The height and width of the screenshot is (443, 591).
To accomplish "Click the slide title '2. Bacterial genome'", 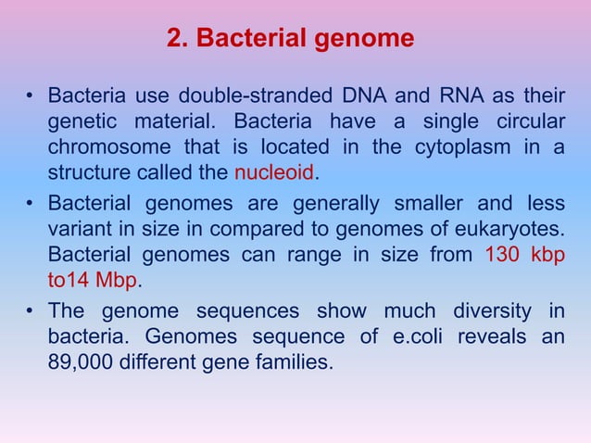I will point(290,41).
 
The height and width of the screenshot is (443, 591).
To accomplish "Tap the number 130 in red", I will point(505,257).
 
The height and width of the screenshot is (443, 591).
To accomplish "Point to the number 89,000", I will point(82,362).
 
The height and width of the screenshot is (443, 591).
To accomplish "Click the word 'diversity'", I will point(507,310).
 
